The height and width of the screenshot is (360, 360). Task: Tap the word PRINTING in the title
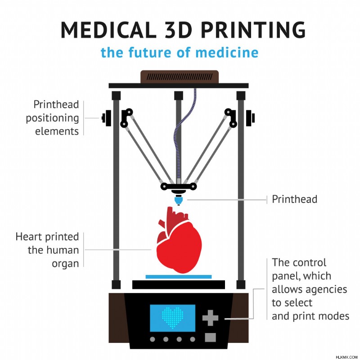point(253,30)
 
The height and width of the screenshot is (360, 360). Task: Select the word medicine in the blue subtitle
point(227,52)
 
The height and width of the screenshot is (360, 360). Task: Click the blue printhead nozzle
point(178,199)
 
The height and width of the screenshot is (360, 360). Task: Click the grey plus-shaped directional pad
point(210,318)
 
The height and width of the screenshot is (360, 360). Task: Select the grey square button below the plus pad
point(210,337)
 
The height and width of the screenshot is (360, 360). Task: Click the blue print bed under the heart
point(178,277)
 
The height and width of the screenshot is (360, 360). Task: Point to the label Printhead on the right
point(295,199)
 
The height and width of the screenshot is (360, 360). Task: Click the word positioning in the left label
point(52,118)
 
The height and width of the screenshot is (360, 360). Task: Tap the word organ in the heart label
point(65,264)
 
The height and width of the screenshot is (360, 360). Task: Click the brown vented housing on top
point(180,76)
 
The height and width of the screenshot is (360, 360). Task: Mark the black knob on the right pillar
point(250,118)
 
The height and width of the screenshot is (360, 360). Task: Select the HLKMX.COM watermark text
point(346,357)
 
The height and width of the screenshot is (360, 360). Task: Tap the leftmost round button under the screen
point(153,339)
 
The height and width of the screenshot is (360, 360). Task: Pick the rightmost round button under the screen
point(193,339)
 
